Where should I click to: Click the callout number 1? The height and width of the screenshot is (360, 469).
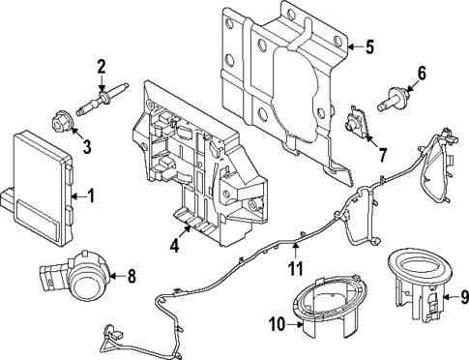(x=91, y=196)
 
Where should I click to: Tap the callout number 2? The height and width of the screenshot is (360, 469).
(x=100, y=66)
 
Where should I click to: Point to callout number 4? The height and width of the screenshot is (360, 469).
(x=174, y=246)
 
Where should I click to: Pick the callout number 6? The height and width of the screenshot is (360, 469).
(x=421, y=73)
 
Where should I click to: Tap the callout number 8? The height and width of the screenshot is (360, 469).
(x=132, y=276)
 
